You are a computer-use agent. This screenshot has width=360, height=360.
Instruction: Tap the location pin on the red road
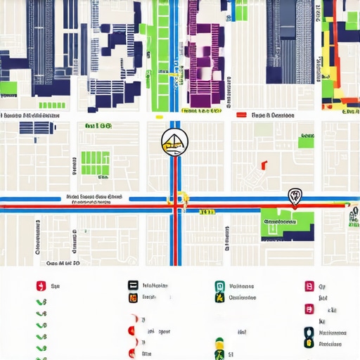coord(294,196)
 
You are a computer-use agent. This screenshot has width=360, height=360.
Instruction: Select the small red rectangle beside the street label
coord(241,115)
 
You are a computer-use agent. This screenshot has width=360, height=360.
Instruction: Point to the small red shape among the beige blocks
coord(264,165)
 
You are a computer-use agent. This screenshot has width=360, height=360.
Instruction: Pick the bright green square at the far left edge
coord(8,89)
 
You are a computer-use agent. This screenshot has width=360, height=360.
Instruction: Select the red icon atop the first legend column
coord(40,286)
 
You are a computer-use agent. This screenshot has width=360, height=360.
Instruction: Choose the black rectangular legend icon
coord(132,285)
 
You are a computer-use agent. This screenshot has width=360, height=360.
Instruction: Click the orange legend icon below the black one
coord(132,297)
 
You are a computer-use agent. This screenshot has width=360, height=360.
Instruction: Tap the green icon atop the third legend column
coord(219,286)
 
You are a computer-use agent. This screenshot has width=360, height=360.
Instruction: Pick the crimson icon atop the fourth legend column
coord(308,286)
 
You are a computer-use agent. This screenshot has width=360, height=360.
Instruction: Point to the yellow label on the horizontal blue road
coord(207,211)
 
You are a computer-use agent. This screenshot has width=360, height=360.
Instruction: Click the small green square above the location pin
coord(305,141)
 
